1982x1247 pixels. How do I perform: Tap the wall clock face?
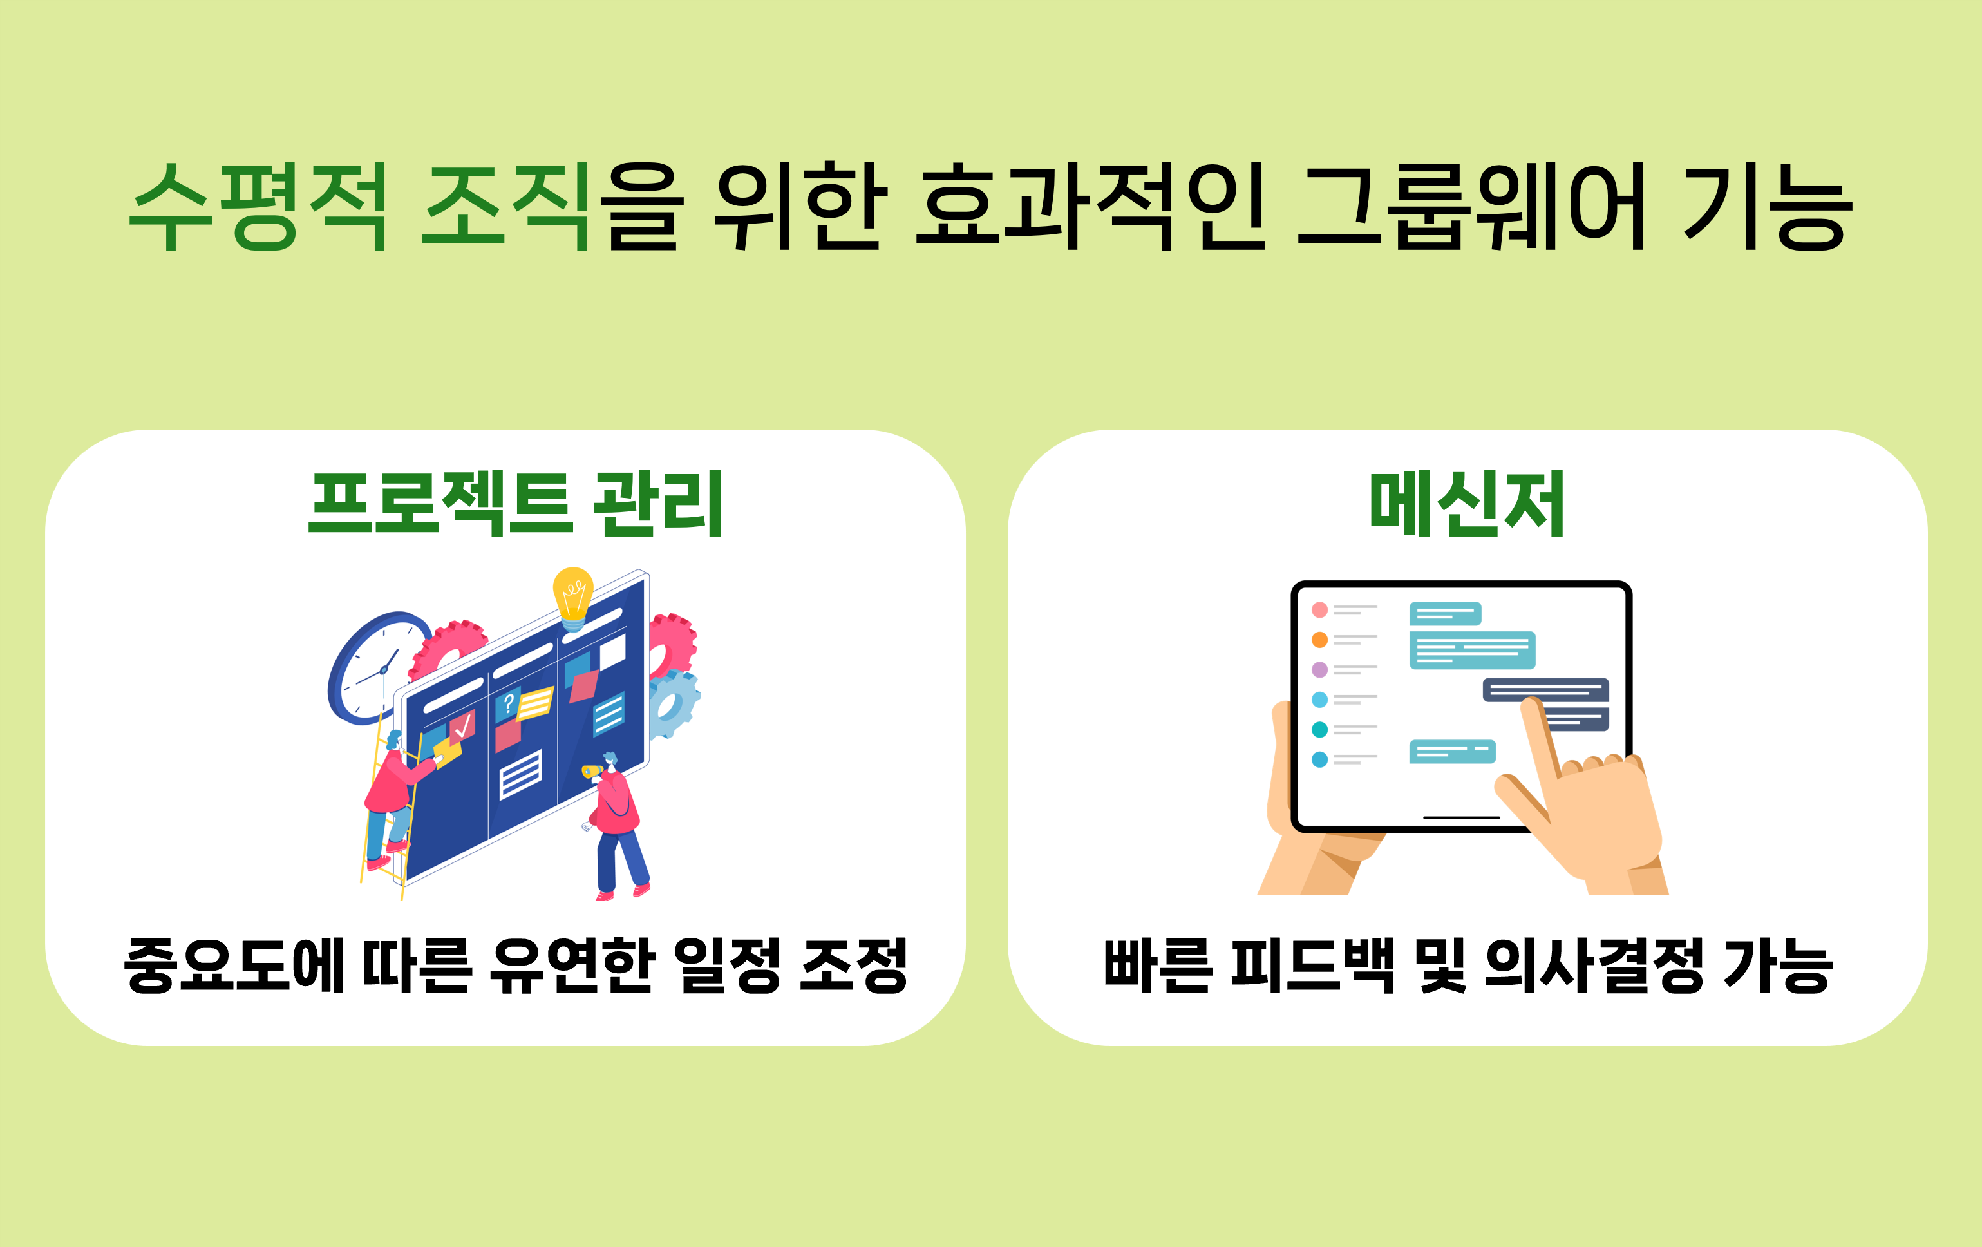click(381, 669)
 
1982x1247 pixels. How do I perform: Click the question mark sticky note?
click(508, 704)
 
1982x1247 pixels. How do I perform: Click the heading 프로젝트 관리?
click(515, 504)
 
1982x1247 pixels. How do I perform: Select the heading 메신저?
click(1467, 504)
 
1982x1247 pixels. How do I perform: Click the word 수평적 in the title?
click(258, 205)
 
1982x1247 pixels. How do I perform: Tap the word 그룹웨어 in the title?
click(1471, 205)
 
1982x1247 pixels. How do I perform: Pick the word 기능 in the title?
click(1766, 205)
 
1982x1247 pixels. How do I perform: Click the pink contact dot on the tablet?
click(1319, 610)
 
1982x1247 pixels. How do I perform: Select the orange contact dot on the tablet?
click(1319, 640)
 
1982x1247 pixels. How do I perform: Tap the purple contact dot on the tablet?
click(1319, 669)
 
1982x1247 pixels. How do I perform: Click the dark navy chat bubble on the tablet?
click(1546, 690)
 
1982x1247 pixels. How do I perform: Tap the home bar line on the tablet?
click(1462, 817)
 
